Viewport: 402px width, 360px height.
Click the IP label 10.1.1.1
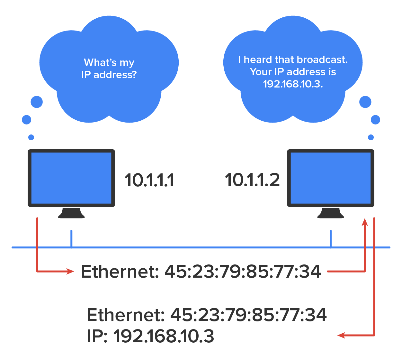pyautogui.click(x=149, y=180)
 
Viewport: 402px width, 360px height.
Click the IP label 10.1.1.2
pyautogui.click(x=252, y=180)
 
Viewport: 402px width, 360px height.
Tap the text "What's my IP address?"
pyautogui.click(x=109, y=69)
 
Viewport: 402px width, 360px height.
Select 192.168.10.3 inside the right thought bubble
pyautogui.click(x=293, y=84)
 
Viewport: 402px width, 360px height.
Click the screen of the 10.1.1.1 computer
pyautogui.click(x=71, y=178)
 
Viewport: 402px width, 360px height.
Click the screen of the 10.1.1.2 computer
pyautogui.click(x=331, y=178)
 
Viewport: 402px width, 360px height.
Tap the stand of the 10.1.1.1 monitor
pyautogui.click(x=71, y=213)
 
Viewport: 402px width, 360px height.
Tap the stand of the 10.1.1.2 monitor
pyautogui.click(x=331, y=213)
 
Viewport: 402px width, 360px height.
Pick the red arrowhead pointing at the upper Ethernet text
pyautogui.click(x=70, y=271)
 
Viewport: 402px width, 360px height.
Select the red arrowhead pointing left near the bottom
pyautogui.click(x=341, y=335)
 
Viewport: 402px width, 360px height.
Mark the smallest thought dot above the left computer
pyautogui.click(x=31, y=137)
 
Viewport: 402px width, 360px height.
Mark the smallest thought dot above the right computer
pyautogui.click(x=371, y=137)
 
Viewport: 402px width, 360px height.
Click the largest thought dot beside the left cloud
pyautogui.click(x=37, y=102)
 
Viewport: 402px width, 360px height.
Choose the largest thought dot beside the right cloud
pyautogui.click(x=365, y=102)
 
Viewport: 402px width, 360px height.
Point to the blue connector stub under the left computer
pyautogui.click(x=71, y=239)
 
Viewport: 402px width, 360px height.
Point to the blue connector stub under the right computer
pyautogui.click(x=331, y=239)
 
